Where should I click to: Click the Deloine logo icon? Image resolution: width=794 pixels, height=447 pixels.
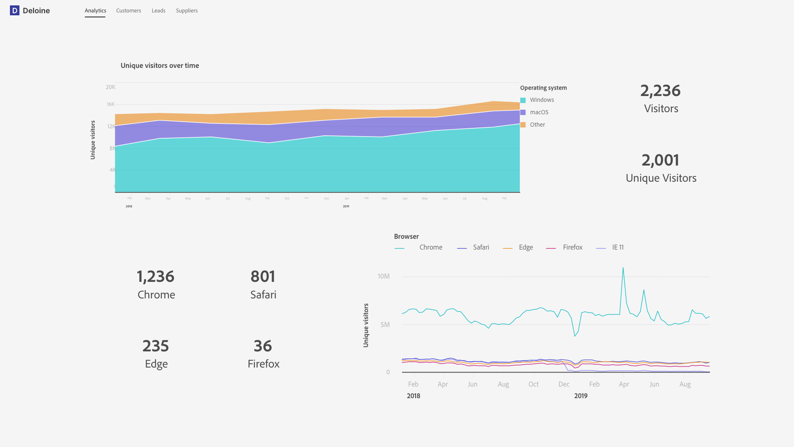[x=14, y=11]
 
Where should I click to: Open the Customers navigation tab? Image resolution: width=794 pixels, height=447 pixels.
[x=128, y=11]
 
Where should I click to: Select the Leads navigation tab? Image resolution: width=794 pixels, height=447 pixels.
[x=158, y=11]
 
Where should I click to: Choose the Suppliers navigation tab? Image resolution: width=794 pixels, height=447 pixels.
[x=187, y=11]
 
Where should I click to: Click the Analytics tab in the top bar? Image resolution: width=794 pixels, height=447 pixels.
[x=95, y=11]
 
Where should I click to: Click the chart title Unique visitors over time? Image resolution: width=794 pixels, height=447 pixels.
[x=160, y=65]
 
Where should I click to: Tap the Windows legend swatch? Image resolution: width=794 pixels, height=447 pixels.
[x=523, y=100]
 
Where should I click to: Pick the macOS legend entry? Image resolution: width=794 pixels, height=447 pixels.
[x=539, y=112]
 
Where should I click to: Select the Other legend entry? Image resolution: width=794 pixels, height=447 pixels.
[x=537, y=125]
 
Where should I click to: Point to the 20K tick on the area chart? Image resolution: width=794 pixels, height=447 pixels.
[x=110, y=87]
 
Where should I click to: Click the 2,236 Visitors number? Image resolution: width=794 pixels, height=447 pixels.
[x=660, y=91]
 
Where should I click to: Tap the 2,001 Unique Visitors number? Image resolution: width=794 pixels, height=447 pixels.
[x=660, y=160]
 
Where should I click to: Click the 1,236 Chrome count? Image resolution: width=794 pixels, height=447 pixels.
[x=155, y=276]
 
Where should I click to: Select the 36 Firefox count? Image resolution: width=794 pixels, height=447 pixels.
[x=263, y=346]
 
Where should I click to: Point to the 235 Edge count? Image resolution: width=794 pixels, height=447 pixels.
[x=155, y=346]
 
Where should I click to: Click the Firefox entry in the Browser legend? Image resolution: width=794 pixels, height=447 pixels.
[x=572, y=248]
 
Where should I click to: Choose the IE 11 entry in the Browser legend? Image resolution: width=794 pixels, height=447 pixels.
[x=617, y=248]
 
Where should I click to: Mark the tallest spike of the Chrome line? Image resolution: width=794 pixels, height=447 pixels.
[x=623, y=268]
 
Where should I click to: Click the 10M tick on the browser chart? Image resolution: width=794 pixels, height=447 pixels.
[x=383, y=276]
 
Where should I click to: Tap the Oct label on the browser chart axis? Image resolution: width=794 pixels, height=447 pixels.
[x=533, y=385]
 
